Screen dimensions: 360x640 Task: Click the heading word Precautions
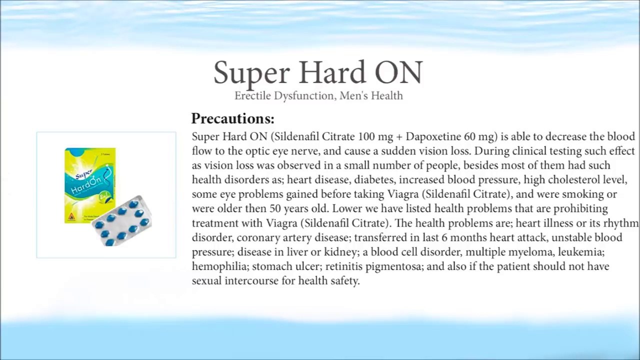232,119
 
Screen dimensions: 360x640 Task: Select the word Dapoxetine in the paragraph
430,136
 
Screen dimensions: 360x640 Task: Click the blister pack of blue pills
122,221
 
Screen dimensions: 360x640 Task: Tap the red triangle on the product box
71,217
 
